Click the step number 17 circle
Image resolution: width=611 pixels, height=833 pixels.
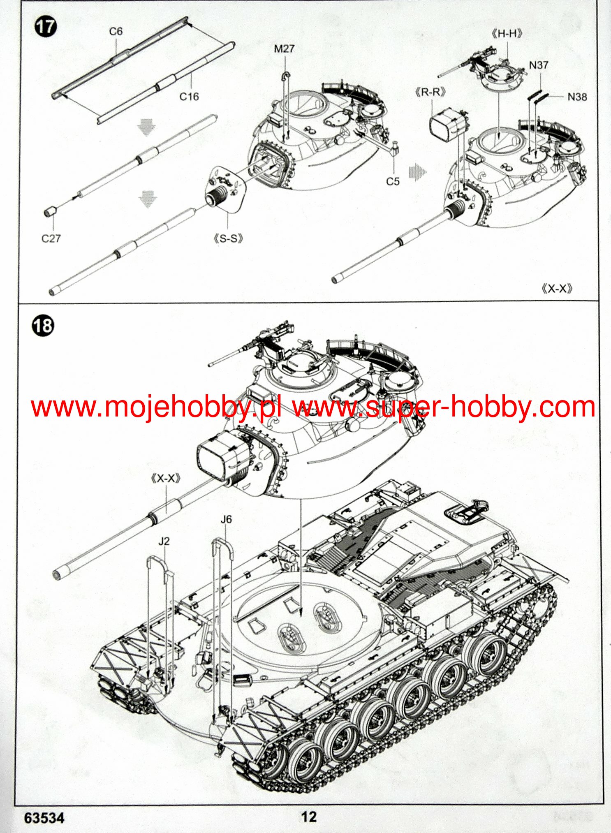point(45,27)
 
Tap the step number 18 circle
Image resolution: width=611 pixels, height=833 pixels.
point(43,326)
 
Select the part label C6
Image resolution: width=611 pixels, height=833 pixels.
point(116,32)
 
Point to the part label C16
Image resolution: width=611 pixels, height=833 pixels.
point(189,97)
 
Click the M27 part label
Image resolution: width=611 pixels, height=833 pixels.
point(284,49)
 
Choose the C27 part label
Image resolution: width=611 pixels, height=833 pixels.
point(51,238)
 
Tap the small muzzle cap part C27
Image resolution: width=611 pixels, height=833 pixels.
point(50,212)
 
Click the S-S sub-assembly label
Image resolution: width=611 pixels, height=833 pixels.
point(229,238)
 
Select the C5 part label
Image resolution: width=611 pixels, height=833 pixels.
point(393,181)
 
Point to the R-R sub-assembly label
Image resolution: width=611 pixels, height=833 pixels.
point(430,92)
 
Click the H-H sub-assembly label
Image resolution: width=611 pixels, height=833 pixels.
point(507,34)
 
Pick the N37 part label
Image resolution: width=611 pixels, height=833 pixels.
point(539,65)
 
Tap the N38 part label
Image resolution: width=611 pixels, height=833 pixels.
point(577,97)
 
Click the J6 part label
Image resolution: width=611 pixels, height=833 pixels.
point(226,519)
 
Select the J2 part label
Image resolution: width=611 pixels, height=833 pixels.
point(164,541)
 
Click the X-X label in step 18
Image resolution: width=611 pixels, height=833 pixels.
point(166,478)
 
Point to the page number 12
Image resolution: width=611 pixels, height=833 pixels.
point(309,817)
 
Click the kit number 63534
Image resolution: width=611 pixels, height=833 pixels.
point(44,818)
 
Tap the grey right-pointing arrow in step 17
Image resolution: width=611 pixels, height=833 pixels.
point(418,172)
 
